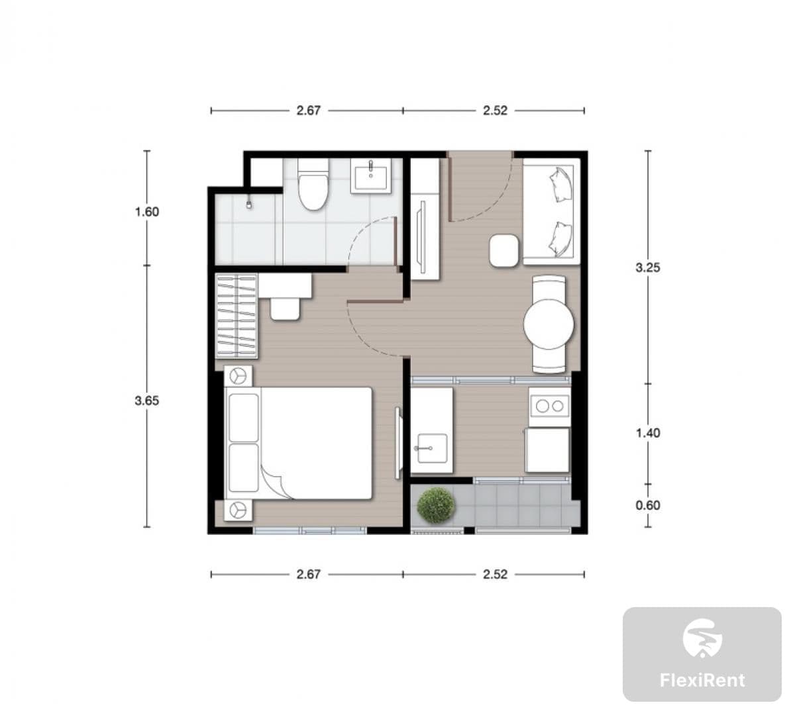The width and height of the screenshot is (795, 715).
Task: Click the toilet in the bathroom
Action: click(313, 184)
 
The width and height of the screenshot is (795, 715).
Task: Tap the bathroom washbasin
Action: click(370, 175)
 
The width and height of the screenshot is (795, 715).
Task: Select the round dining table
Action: click(549, 324)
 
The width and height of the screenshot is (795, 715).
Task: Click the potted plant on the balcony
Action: click(436, 505)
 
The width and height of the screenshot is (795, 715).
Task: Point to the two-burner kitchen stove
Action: click(550, 406)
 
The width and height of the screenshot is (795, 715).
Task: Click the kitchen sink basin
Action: click(431, 448)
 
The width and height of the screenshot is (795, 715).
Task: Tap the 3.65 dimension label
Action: click(146, 401)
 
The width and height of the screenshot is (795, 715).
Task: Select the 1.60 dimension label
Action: click(146, 212)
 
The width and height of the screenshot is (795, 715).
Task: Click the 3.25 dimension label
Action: click(648, 267)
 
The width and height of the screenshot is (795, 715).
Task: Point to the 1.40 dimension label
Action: click(648, 433)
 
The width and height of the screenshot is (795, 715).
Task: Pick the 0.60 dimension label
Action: click(648, 505)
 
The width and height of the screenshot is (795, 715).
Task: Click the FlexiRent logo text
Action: click(702, 681)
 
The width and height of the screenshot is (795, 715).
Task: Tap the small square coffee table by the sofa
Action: click(504, 250)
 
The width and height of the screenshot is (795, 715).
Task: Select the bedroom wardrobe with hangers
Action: click(237, 316)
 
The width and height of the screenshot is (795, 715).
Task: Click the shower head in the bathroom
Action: click(249, 205)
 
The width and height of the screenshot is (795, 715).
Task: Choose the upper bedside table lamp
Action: click(238, 375)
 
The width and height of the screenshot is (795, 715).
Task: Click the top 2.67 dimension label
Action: click(308, 111)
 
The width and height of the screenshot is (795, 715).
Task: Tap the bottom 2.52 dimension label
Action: click(495, 575)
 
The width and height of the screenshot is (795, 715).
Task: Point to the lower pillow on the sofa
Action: click(560, 239)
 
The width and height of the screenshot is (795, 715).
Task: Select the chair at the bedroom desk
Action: click(285, 309)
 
